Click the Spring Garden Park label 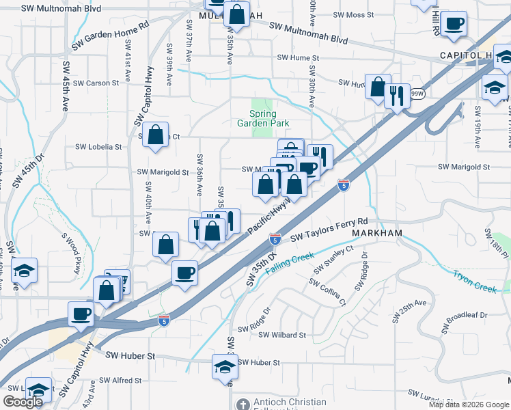point(263,118)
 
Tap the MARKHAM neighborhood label point(376,233)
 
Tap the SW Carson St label point(96,83)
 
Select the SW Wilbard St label point(282,336)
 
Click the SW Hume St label point(298,59)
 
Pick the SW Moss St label point(353,14)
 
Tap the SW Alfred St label point(120,380)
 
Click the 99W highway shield point(418,94)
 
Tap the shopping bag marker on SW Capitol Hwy point(156,135)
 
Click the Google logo point(23,402)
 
